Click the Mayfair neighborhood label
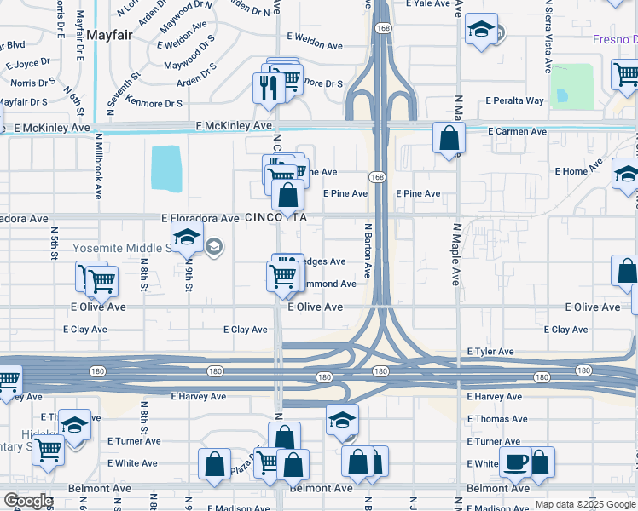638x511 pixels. coord(107,35)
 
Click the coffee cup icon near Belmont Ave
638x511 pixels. coord(514,462)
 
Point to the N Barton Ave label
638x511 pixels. coord(368,250)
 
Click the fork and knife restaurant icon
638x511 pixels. coord(268,87)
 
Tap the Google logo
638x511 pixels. coord(27,501)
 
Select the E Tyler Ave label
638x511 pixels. coord(490,352)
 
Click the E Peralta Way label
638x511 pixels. coord(514,100)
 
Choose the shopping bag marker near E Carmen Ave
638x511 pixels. coord(449,137)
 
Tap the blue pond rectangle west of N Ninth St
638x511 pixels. coord(166,169)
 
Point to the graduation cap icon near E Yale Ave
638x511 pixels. coord(481,31)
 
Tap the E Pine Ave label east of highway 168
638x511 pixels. coord(418,194)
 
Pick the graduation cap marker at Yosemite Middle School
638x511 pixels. coord(187,238)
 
